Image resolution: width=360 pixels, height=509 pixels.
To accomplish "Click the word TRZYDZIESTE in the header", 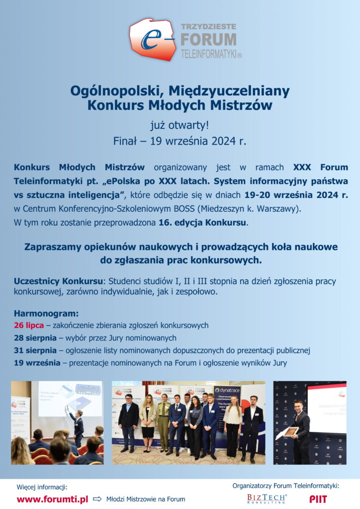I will pos(208,26).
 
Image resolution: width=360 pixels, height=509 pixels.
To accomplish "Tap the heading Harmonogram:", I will pos(46,314).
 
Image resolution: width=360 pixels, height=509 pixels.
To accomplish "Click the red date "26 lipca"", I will pos(29,326).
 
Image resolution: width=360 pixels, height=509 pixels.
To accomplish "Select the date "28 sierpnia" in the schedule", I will pos(35,338).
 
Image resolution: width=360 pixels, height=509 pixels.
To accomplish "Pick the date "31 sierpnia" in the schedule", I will pos(35,350).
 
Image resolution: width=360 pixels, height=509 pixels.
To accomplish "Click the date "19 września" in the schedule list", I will pos(37,363).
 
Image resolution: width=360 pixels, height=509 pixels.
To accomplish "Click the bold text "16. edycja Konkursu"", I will pos(202,223).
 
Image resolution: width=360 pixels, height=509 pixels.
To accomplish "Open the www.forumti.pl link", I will pos(52,499).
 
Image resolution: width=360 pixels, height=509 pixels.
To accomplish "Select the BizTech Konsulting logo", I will pos(267,499).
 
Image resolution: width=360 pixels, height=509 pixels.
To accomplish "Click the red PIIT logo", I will pos(318,499).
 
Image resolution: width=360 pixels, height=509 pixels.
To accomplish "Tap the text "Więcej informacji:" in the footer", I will pos(42,487).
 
